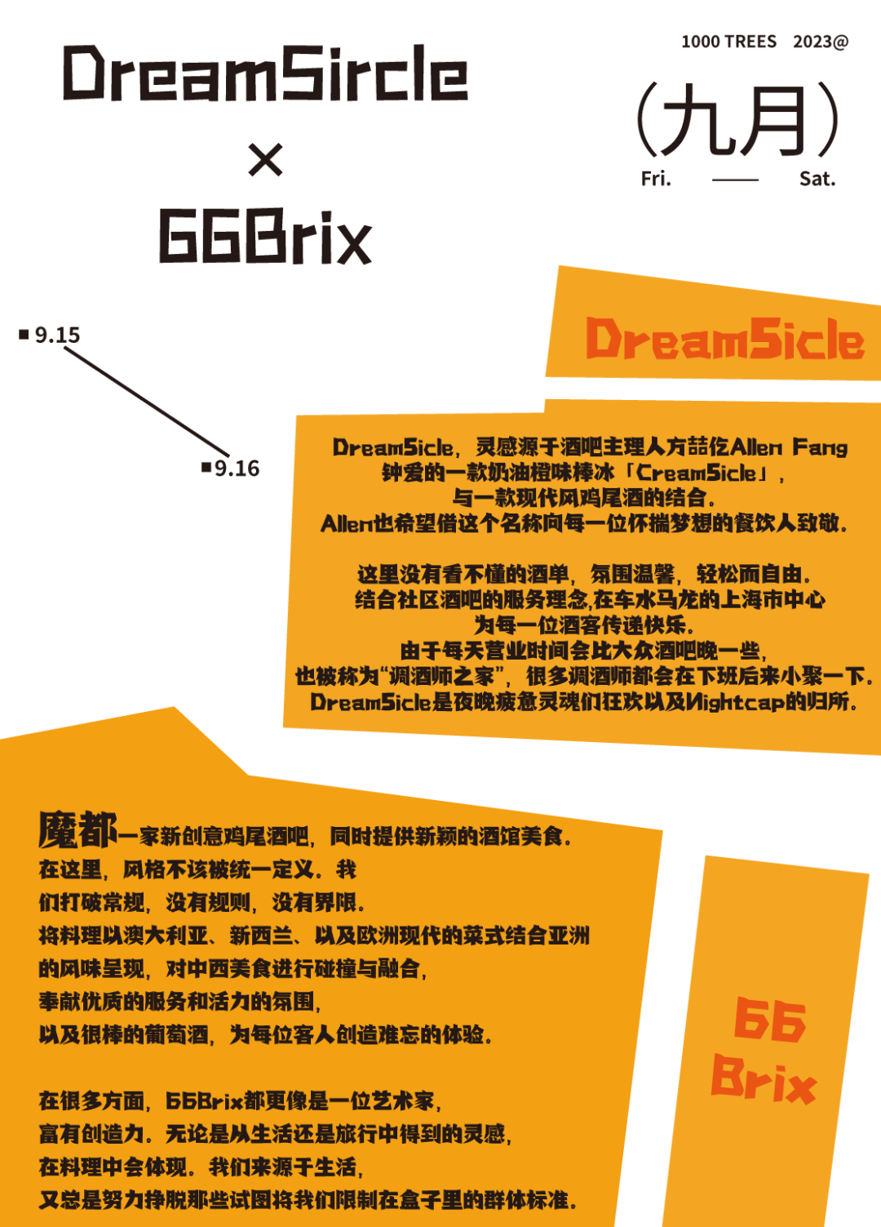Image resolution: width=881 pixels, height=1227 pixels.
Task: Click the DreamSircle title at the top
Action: click(x=266, y=73)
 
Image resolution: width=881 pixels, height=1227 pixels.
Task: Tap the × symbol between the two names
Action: click(x=266, y=159)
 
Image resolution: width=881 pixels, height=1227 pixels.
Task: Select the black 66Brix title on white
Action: click(x=265, y=236)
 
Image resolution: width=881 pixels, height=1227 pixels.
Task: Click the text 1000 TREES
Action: click(x=728, y=42)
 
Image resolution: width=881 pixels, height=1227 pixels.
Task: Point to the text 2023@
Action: click(x=821, y=42)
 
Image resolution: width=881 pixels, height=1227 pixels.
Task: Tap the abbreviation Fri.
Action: click(x=656, y=179)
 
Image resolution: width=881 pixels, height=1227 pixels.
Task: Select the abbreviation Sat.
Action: click(x=817, y=179)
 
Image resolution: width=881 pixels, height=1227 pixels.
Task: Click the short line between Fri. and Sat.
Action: click(x=735, y=180)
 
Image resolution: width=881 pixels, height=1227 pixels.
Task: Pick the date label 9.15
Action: click(x=57, y=335)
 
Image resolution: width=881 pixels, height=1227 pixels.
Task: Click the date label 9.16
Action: click(x=237, y=469)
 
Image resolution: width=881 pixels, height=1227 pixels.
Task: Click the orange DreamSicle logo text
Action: click(x=724, y=340)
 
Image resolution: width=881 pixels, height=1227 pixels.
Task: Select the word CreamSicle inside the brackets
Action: click(x=696, y=473)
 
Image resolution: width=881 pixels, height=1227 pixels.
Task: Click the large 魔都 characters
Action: click(x=77, y=829)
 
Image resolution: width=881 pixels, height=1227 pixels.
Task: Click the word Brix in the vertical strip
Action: click(x=764, y=1078)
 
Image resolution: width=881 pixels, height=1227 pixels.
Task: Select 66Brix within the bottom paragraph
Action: click(x=204, y=1101)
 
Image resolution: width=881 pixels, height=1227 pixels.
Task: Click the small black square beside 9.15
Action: click(x=24, y=334)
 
